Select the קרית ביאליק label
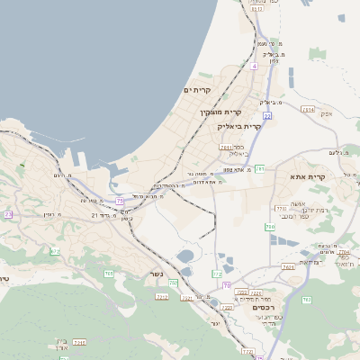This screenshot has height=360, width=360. (240, 126)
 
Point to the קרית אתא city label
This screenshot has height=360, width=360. (307, 177)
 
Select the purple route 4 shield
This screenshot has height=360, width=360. (255, 66)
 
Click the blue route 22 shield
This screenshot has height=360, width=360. (266, 116)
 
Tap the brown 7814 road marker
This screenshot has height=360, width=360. (309, 110)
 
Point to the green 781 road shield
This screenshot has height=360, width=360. (260, 168)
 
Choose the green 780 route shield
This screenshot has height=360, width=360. (270, 227)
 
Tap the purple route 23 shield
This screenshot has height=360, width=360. (8, 214)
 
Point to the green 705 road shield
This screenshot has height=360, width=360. (109, 273)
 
